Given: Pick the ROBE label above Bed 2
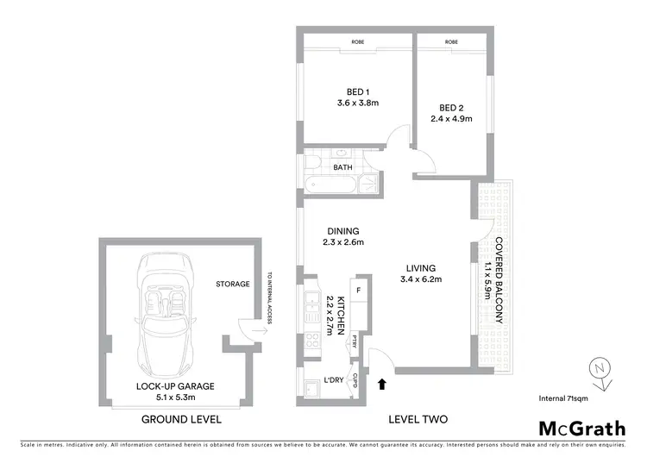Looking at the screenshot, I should coord(450,42).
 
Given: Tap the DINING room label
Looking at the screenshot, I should coord(342,230).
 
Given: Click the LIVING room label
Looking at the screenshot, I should coord(418,268).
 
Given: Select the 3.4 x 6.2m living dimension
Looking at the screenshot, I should coord(419,279).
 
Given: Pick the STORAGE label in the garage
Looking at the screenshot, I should coord(233,284).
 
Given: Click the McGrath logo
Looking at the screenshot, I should coord(584,429).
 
